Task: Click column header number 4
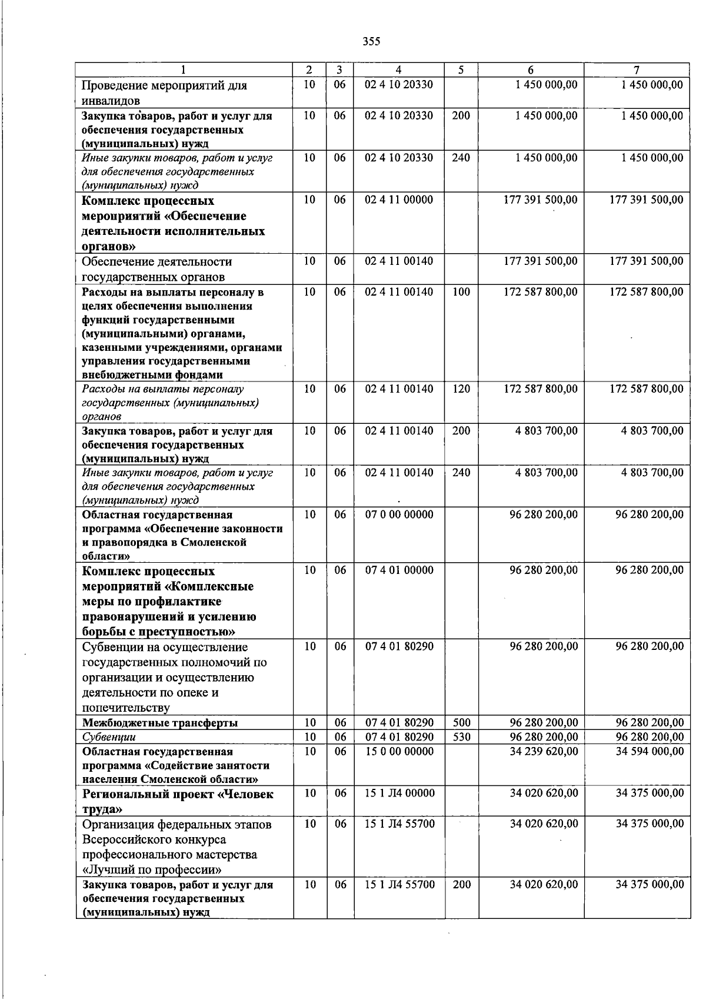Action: tap(399, 69)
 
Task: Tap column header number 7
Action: tap(637, 69)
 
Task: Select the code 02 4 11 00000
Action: tap(399, 200)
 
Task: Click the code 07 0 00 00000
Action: tap(399, 515)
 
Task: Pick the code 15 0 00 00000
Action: tap(399, 752)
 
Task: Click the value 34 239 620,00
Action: tap(544, 752)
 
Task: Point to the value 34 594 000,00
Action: tap(650, 752)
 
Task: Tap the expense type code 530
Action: tap(461, 737)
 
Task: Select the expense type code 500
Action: tap(461, 723)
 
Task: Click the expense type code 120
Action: tap(461, 389)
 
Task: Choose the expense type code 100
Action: tap(461, 292)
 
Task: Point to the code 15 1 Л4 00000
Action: tap(399, 794)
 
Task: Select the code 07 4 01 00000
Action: tap(399, 570)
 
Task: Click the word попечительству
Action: tap(125, 708)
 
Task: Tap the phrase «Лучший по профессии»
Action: tap(152, 869)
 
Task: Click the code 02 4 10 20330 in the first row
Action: tap(399, 85)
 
